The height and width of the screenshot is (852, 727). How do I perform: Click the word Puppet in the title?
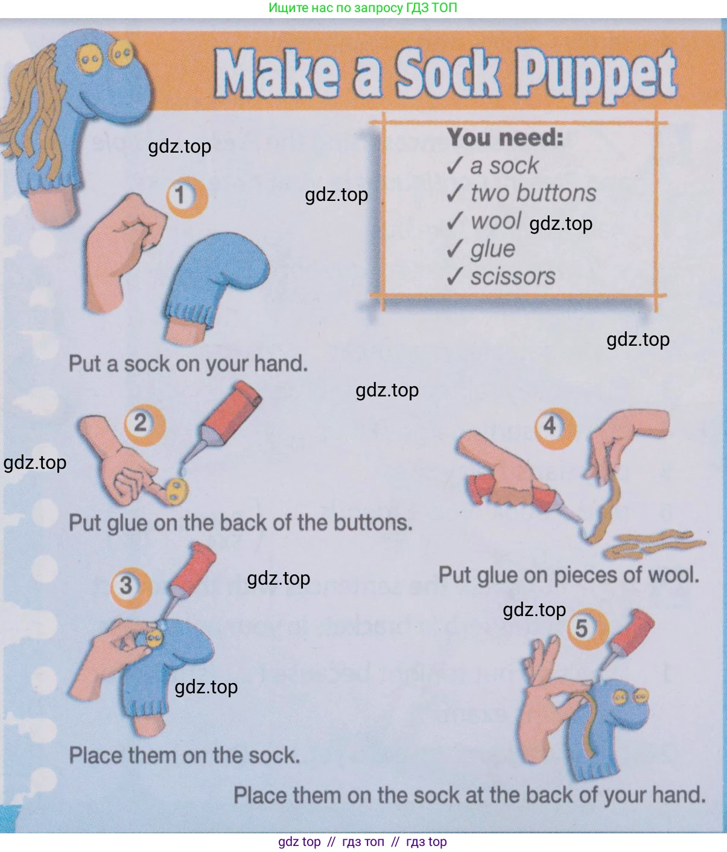click(x=596, y=75)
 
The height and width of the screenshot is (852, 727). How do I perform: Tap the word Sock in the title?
click(x=448, y=74)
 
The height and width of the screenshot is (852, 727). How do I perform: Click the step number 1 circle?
click(x=187, y=197)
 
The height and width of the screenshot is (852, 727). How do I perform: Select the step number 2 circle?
click(x=145, y=425)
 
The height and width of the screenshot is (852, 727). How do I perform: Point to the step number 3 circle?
click(x=131, y=588)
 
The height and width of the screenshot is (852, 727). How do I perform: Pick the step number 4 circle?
click(x=556, y=428)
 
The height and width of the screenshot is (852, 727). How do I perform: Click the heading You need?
click(x=505, y=137)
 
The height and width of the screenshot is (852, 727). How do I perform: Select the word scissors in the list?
click(x=513, y=276)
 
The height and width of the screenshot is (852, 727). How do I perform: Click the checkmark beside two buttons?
click(x=455, y=192)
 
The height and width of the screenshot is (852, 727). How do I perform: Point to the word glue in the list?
click(x=493, y=249)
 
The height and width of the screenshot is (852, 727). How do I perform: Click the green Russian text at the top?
click(x=363, y=7)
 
